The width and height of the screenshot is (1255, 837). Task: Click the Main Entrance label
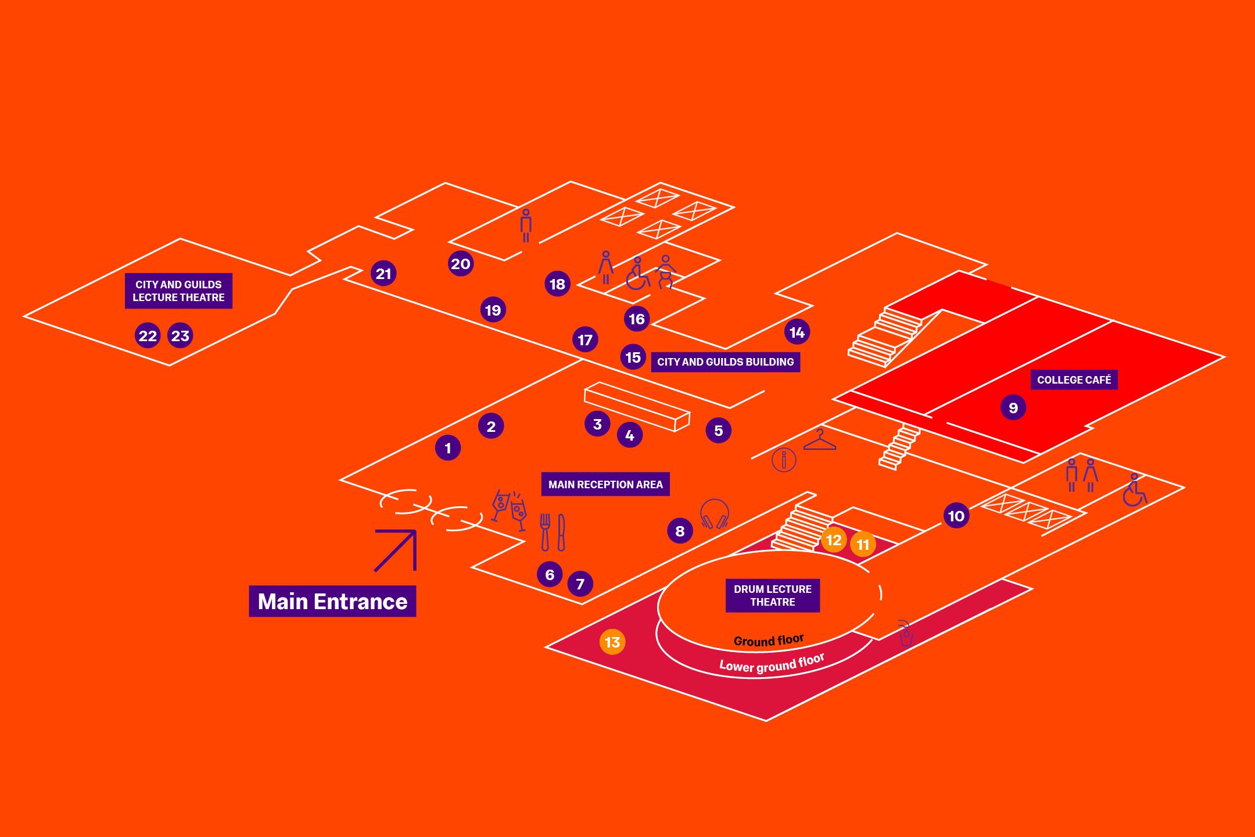(x=332, y=601)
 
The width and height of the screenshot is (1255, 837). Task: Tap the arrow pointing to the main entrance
(x=396, y=550)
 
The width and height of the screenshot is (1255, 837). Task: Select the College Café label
(x=1074, y=380)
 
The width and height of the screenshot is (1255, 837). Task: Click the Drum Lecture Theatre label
(x=772, y=595)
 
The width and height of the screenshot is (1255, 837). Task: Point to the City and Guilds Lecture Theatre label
(x=178, y=291)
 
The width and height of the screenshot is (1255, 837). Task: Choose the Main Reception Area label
(x=605, y=484)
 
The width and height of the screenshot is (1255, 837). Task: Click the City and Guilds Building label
(x=725, y=362)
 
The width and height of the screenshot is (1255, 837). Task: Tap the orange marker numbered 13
(x=612, y=642)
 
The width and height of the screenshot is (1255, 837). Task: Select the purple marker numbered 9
(x=1013, y=407)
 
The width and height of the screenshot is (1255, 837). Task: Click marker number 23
(x=180, y=335)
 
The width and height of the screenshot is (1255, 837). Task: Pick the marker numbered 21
(x=383, y=273)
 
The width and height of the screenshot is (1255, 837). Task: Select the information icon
(x=784, y=460)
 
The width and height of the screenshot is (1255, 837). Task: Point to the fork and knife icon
(x=553, y=532)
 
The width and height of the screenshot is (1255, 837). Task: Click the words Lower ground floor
(x=772, y=664)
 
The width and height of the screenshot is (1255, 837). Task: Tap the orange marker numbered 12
(x=834, y=540)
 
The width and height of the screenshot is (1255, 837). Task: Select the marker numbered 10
(x=956, y=516)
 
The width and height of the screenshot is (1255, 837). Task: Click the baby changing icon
(x=666, y=271)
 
